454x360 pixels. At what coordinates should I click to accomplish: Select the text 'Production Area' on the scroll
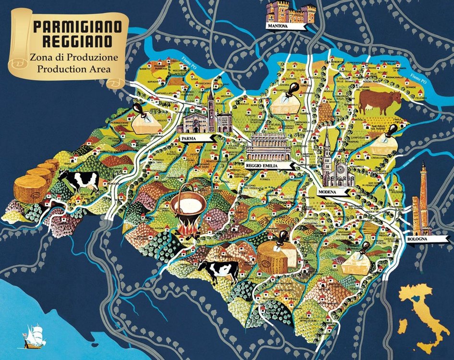74,69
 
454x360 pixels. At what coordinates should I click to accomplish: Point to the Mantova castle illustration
291,12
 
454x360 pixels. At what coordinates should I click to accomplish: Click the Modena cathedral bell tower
327,154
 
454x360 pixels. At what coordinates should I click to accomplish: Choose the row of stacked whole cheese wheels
36,182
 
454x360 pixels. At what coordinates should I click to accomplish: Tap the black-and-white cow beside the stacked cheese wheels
79,181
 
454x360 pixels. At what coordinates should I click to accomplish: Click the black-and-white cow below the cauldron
219,271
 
